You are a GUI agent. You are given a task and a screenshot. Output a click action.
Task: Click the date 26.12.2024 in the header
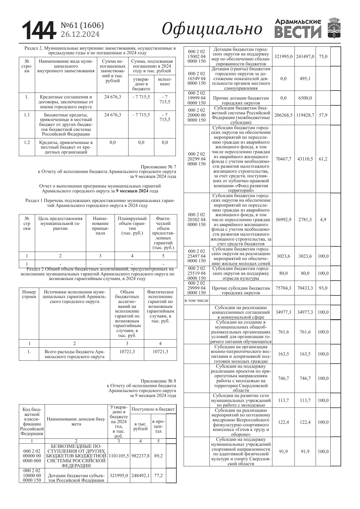[x=80, y=35]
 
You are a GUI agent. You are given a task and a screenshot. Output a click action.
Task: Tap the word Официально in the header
[x=212, y=29]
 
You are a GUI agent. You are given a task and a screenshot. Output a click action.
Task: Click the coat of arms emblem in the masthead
[x=334, y=28]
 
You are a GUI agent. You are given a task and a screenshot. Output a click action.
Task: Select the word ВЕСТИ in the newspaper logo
[x=298, y=32]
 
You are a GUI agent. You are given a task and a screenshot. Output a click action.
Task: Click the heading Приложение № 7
[x=158, y=167]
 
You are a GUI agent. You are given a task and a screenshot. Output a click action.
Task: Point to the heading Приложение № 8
[x=158, y=381]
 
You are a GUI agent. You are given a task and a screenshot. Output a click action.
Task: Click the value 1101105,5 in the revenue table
[x=119, y=456]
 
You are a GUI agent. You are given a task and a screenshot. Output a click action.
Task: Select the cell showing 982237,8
[x=140, y=456]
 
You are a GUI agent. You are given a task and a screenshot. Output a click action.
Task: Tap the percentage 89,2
[x=158, y=456]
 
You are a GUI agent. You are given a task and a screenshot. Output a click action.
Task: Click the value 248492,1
[x=140, y=476]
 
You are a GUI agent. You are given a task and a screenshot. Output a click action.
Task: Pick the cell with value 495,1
[x=305, y=79]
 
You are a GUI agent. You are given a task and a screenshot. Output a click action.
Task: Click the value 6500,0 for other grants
[x=305, y=98]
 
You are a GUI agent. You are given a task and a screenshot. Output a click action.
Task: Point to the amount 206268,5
[x=283, y=115]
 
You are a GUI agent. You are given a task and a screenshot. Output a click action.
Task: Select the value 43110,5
[x=305, y=159]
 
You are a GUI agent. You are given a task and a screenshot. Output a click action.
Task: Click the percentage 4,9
[x=323, y=220]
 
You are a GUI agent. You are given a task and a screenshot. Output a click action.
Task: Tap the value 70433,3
[x=305, y=288]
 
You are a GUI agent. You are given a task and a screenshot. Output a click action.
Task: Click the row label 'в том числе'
[x=196, y=300]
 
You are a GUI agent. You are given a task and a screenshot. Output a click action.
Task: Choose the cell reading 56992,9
[x=283, y=220]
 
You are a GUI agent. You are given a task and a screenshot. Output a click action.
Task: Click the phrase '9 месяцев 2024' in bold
[x=132, y=191]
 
